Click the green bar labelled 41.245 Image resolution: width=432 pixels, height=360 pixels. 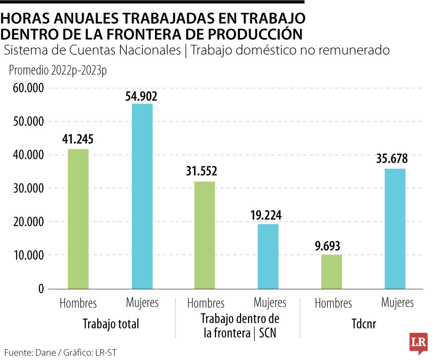(78, 219)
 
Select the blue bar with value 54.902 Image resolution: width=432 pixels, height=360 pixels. (142, 196)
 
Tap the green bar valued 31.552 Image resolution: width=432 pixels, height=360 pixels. (205, 235)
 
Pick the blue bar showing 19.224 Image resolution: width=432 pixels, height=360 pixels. (268, 256)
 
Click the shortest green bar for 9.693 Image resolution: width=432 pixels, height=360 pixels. (332, 272)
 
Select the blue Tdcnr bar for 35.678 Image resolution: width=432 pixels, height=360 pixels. (395, 228)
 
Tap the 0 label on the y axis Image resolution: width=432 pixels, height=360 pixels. (40, 289)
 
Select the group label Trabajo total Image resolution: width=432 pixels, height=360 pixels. (111, 324)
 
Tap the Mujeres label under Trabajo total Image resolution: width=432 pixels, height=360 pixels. (142, 302)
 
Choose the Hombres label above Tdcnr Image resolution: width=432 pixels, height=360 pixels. (333, 303)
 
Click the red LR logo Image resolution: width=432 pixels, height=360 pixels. (418, 343)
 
